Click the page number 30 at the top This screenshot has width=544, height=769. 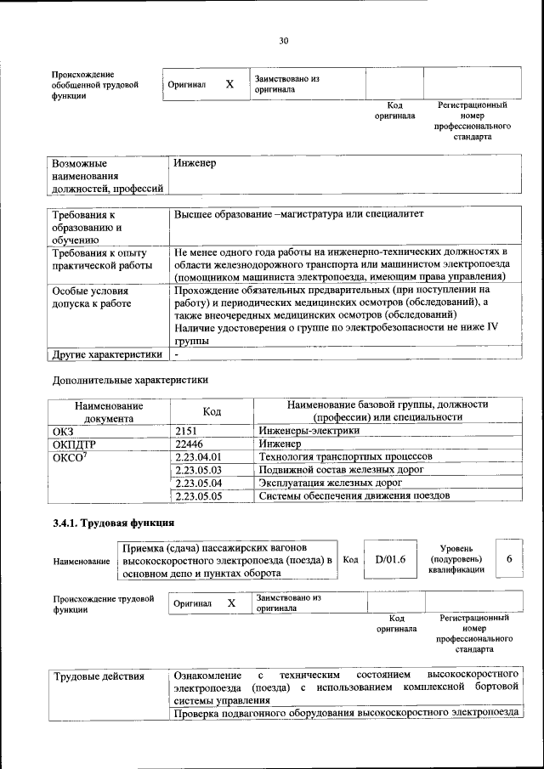point(284,40)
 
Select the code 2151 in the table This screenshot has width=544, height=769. point(186,432)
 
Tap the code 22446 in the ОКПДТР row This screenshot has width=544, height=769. point(190,444)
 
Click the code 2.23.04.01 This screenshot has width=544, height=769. point(197,456)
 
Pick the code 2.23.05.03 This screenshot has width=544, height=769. point(197,469)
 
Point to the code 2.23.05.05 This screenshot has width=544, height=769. point(197,495)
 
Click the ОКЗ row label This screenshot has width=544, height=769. point(64,432)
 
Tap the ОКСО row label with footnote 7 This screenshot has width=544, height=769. point(71,457)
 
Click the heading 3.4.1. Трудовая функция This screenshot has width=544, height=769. point(113,523)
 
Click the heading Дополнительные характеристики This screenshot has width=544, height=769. point(130,380)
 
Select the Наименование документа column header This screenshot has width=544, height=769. point(108,411)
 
